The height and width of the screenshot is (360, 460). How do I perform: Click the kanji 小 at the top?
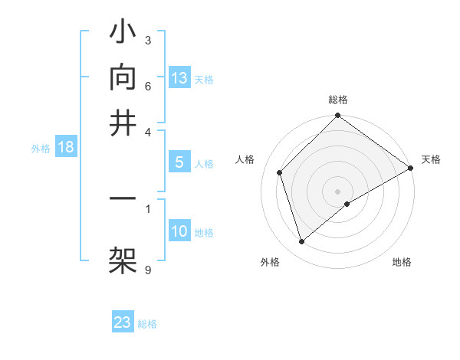[123, 35]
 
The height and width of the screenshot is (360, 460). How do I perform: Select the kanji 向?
[123, 77]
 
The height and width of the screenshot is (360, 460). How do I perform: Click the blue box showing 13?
[179, 77]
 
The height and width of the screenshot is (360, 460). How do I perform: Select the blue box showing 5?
[179, 162]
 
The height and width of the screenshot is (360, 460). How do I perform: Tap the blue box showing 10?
[179, 232]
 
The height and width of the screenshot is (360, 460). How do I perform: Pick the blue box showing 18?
[66, 148]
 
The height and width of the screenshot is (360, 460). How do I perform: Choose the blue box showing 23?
[123, 322]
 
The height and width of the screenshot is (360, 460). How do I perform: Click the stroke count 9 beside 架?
[148, 269]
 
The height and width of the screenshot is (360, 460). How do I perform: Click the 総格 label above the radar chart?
[338, 100]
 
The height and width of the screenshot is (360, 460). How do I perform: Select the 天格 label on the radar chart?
[432, 159]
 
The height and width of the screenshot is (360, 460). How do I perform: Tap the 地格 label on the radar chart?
[402, 263]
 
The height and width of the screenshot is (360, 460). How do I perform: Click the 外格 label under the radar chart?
[270, 263]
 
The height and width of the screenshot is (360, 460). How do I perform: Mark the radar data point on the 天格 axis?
[411, 168]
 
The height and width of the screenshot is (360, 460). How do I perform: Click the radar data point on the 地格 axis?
[347, 204]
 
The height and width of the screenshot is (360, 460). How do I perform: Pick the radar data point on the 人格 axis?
[280, 172]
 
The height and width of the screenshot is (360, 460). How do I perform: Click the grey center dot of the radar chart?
[338, 191]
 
